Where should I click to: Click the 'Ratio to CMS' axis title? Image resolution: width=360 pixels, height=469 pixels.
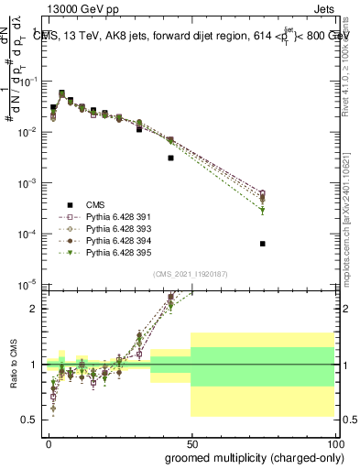[x=13, y=367]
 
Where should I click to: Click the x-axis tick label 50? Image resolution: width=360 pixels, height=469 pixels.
[x=191, y=442]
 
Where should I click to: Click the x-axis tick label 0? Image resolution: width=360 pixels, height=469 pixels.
[x=49, y=442]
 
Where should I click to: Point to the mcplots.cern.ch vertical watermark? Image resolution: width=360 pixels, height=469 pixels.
[x=346, y=211]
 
